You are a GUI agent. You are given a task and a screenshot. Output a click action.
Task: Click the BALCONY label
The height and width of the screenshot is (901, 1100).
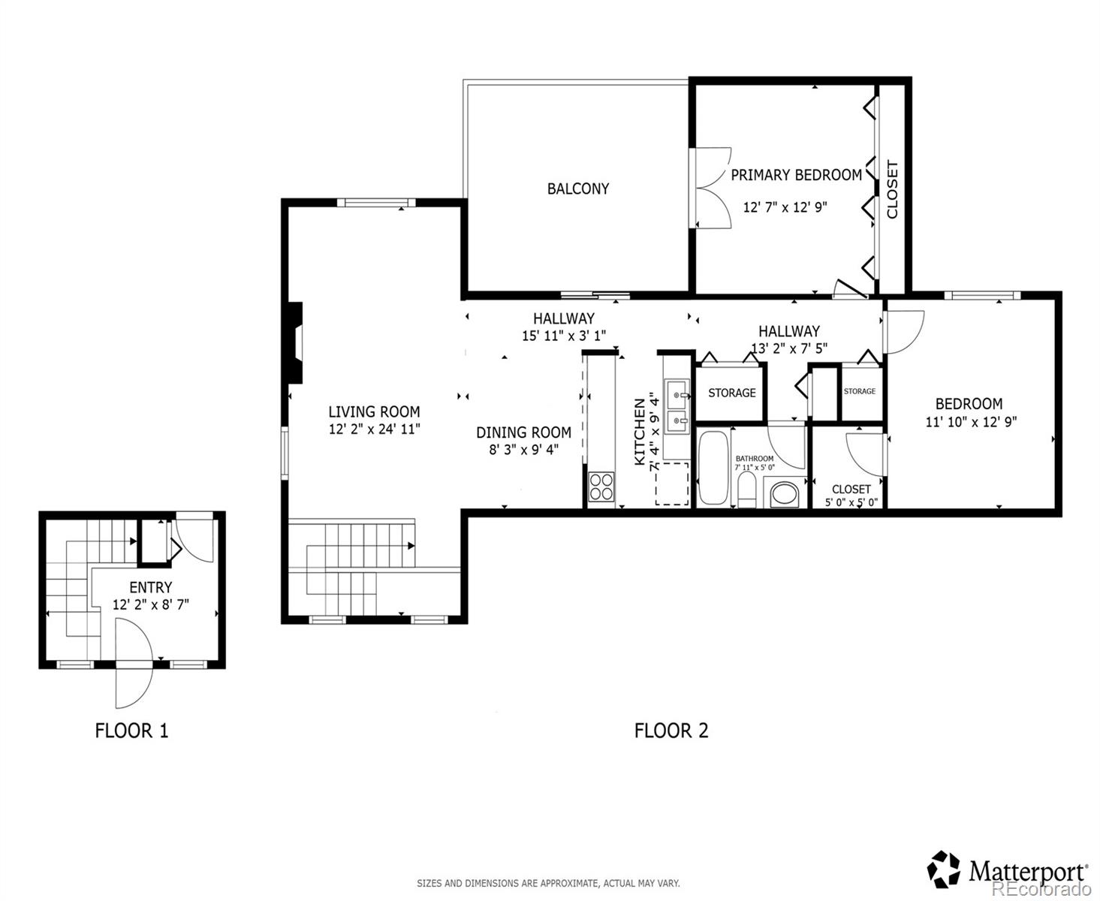pos(577,188)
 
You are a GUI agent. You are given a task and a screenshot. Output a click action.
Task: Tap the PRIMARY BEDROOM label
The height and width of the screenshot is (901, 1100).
pos(796,175)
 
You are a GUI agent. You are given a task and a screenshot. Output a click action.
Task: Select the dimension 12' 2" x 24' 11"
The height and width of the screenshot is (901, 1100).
pos(374,429)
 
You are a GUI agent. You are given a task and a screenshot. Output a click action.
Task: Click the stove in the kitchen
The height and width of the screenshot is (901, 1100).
pos(601,487)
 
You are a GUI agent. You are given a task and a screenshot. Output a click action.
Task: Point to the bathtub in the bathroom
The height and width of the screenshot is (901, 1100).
pos(713,467)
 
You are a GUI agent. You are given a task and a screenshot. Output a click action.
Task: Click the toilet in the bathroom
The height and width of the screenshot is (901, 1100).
pos(747,492)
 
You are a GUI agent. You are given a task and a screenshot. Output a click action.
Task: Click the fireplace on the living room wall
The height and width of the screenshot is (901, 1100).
pos(296,343)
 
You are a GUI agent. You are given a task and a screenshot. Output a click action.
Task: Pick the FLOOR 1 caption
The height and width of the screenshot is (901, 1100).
pos(131,730)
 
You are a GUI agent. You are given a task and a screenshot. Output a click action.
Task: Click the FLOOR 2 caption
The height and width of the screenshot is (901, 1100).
pos(671,730)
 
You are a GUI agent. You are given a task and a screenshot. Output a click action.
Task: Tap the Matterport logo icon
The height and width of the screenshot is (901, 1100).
pos(944,869)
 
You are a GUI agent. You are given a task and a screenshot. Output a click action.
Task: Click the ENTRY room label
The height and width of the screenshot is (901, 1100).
pos(150,587)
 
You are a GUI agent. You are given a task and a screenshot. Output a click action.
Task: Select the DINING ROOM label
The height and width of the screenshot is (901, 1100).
pos(523,432)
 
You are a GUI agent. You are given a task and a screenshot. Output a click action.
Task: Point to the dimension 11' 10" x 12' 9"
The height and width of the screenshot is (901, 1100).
pos(970,422)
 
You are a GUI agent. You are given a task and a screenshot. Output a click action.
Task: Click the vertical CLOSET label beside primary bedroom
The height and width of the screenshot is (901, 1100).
pos(892,189)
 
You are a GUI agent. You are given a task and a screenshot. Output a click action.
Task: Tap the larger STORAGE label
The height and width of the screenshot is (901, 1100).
pos(731,393)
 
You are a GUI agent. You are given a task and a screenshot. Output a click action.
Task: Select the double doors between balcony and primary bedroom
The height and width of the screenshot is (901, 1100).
pos(710,188)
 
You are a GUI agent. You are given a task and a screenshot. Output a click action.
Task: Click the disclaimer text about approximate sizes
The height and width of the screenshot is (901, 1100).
pos(548,884)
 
